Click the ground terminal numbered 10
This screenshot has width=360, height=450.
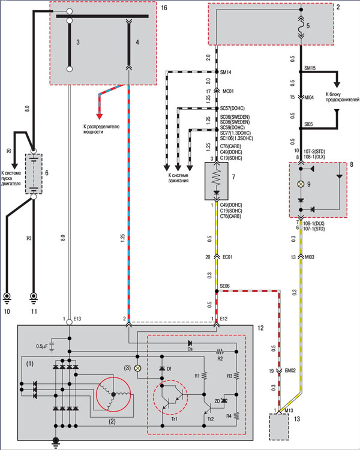[8, 296]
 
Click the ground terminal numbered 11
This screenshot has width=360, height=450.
[34, 296]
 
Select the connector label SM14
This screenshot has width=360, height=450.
[226, 72]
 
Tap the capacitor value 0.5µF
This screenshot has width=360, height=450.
[41, 346]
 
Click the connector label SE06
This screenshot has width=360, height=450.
[226, 287]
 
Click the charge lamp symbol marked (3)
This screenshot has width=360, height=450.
[137, 367]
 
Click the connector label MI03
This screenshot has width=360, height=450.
[316, 256]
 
